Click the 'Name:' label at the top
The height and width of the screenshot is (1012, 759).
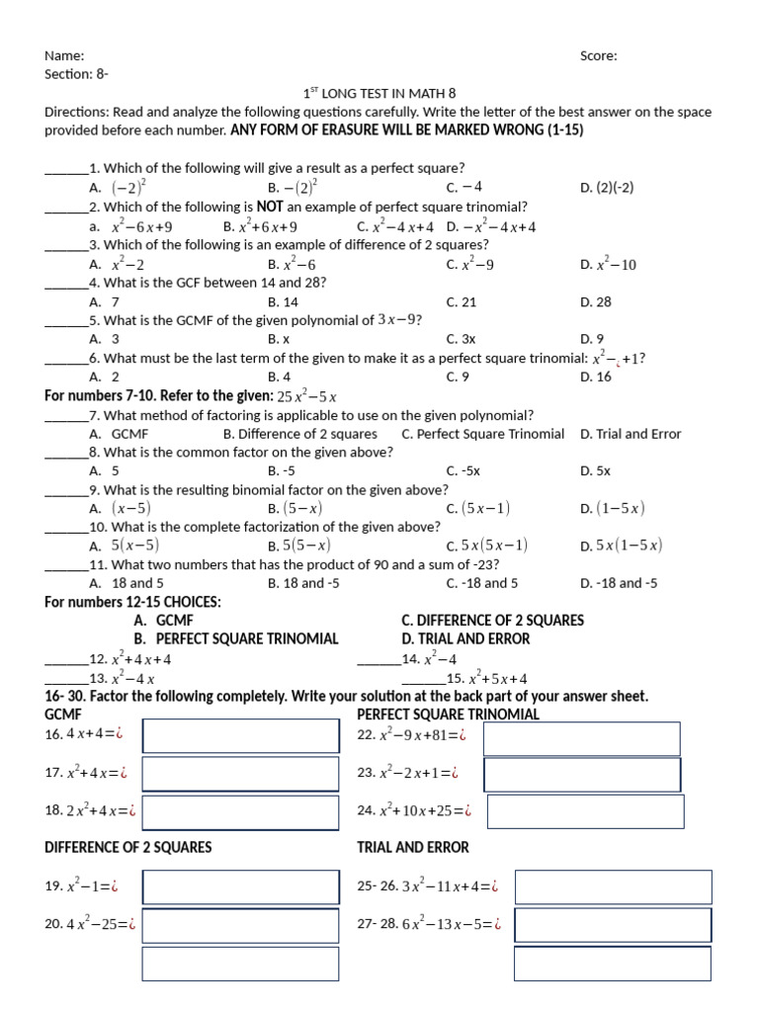(x=64, y=56)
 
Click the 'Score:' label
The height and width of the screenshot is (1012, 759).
(x=598, y=56)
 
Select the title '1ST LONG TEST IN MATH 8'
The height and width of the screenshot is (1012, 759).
(x=379, y=94)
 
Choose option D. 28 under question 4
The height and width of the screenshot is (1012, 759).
(x=596, y=302)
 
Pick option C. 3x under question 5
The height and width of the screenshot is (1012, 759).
(x=461, y=339)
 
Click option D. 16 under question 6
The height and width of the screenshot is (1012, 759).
(x=596, y=377)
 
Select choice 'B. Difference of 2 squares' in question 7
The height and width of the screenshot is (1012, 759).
(x=300, y=434)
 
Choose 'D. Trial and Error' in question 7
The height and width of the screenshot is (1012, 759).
(x=631, y=434)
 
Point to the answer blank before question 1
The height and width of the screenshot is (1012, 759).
(x=66, y=170)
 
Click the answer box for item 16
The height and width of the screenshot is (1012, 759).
(x=240, y=736)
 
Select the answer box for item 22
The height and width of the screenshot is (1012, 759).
(x=581, y=738)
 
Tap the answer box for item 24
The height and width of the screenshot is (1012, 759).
(x=585, y=811)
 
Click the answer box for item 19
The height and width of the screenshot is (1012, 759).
(x=240, y=887)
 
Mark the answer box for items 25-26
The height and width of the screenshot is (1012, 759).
(x=613, y=887)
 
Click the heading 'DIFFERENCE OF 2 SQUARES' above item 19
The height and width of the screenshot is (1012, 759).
(x=128, y=848)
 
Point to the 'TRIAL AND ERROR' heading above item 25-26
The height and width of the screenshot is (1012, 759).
(x=413, y=848)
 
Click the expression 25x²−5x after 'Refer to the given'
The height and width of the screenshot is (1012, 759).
(x=307, y=396)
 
